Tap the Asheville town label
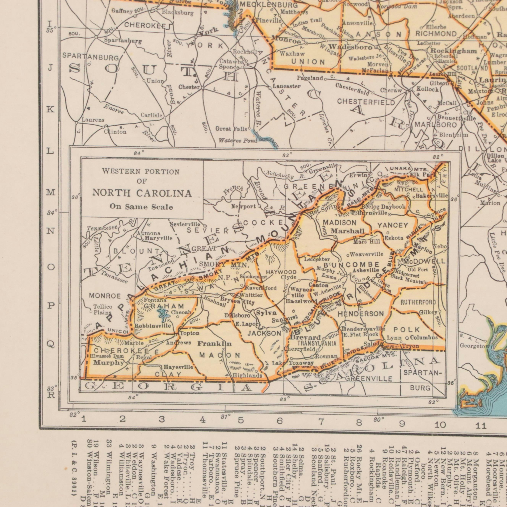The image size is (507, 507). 366,270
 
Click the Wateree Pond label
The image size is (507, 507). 238,141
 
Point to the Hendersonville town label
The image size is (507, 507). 363,329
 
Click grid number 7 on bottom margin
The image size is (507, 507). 321,422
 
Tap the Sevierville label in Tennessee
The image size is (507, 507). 185,224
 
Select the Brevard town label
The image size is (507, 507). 305,337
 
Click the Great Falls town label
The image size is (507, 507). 231,129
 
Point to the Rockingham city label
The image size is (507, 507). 454,51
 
